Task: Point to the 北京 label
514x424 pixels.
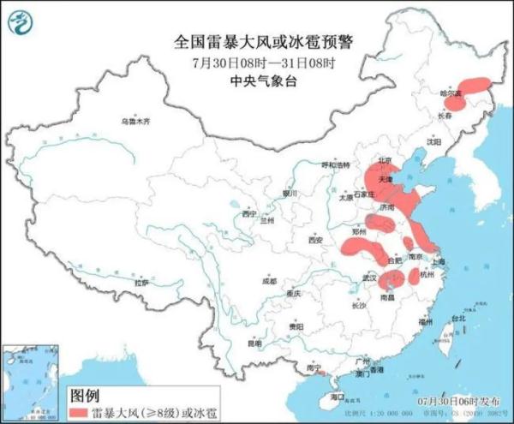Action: pyautogui.click(x=385, y=160)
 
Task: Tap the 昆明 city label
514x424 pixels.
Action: pyautogui.click(x=254, y=343)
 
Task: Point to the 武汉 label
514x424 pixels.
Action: pyautogui.click(x=370, y=278)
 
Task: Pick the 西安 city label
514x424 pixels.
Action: pyautogui.click(x=314, y=241)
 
